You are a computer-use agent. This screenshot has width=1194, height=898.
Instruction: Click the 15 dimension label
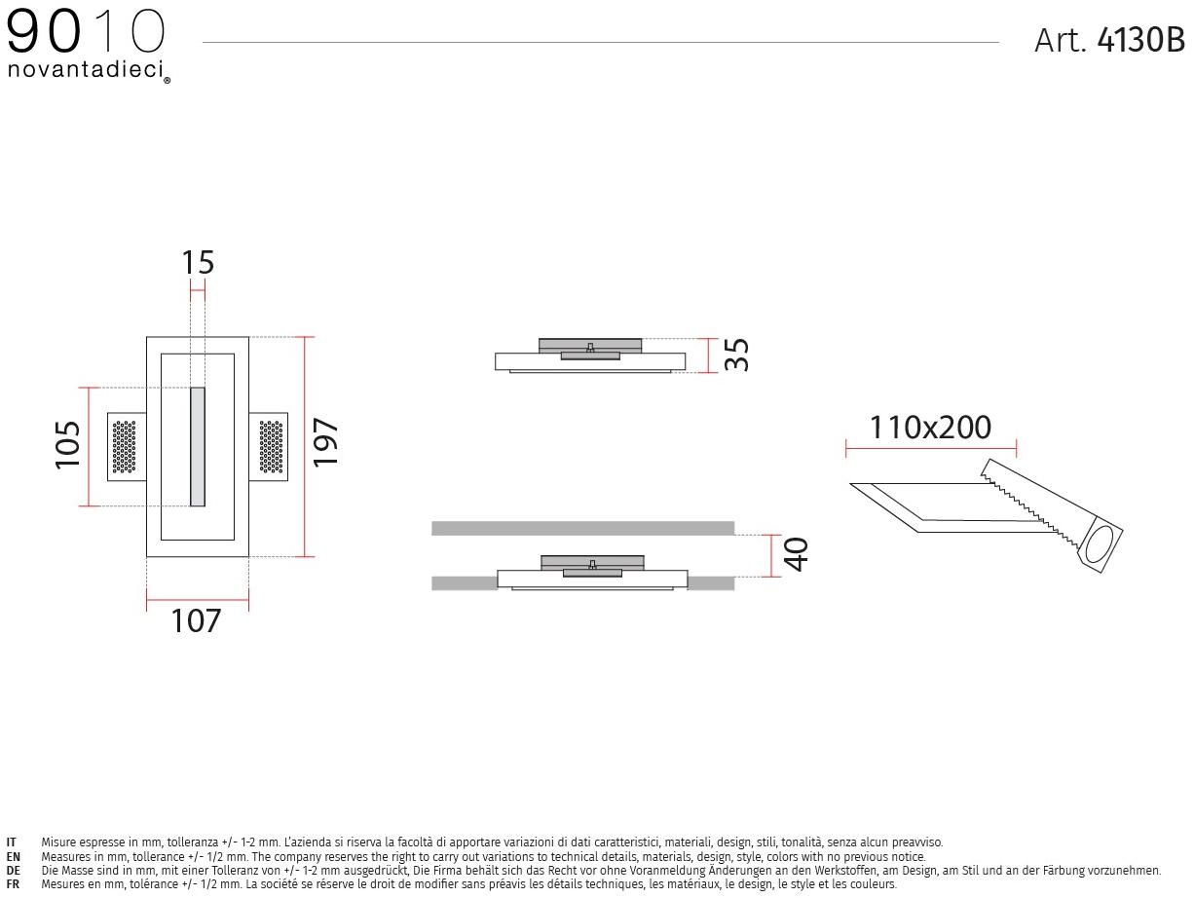click(198, 263)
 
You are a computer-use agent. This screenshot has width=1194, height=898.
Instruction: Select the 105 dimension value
click(68, 444)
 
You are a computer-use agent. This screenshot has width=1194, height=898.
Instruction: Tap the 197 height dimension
click(326, 442)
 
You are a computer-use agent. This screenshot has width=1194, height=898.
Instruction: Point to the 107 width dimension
click(196, 621)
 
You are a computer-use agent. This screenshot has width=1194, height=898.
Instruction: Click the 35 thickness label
click(737, 355)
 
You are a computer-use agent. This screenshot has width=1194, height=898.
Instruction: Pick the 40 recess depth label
click(797, 554)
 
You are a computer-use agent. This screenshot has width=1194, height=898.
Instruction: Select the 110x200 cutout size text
click(930, 428)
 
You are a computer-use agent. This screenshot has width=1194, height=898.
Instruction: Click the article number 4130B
click(1140, 40)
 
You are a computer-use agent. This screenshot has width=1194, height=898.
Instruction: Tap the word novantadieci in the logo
click(86, 69)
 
